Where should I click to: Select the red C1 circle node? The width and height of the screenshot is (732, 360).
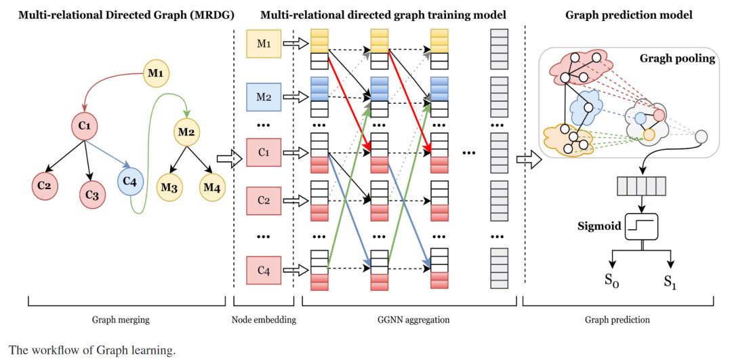85,125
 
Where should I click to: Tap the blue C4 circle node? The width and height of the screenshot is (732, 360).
131,181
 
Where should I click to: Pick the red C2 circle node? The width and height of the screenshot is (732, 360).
45,186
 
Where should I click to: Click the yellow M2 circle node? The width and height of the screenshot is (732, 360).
186,131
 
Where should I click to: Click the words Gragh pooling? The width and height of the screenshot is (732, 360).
677,59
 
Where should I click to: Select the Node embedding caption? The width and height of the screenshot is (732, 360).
263,319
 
